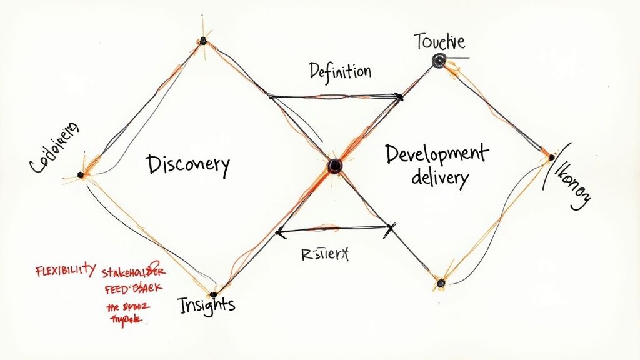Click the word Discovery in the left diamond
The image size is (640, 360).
[188, 165]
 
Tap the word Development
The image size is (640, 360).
[436, 153]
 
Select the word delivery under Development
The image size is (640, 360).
[440, 179]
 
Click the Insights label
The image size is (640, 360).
[206, 304]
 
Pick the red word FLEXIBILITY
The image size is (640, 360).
[65, 271]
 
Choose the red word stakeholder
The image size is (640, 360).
[135, 272]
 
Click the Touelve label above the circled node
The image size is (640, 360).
[440, 42]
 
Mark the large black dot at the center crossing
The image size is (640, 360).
[335, 166]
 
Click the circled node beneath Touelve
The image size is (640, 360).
[439, 61]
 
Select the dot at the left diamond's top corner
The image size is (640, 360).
[202, 41]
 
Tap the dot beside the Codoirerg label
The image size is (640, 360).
[80, 175]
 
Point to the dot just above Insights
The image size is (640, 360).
[213, 293]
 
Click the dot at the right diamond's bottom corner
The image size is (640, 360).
[440, 283]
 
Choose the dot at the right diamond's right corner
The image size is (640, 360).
[551, 157]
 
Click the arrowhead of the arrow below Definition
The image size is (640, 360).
[397, 96]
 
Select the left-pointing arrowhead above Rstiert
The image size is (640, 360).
[280, 232]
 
